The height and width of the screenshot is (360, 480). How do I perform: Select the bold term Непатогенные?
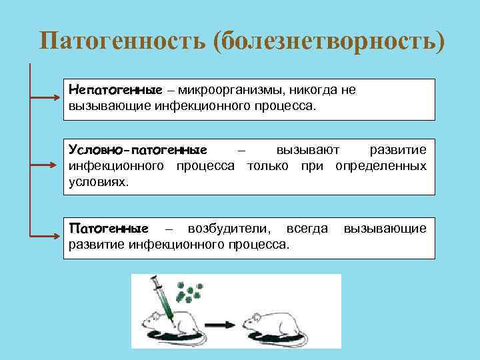pos(116,90)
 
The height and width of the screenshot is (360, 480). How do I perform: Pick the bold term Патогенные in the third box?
pos(109,229)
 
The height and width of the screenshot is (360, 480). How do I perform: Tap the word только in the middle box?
pos(267,165)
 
